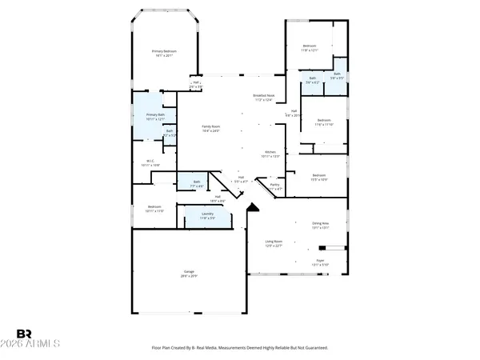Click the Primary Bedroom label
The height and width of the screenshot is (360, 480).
164,51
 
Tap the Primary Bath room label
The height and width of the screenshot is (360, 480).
155,115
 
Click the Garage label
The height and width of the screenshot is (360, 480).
188,272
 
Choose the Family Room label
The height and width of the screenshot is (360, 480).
211,126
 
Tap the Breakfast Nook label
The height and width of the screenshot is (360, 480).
265,96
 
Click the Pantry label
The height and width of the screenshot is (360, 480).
274,185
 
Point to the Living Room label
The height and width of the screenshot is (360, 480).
275,242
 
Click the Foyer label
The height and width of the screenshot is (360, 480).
320,260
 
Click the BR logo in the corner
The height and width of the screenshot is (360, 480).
24,333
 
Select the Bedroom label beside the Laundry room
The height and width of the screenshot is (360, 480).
154,206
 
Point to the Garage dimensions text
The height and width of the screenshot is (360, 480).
188,276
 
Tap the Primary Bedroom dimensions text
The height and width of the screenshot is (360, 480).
164,56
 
